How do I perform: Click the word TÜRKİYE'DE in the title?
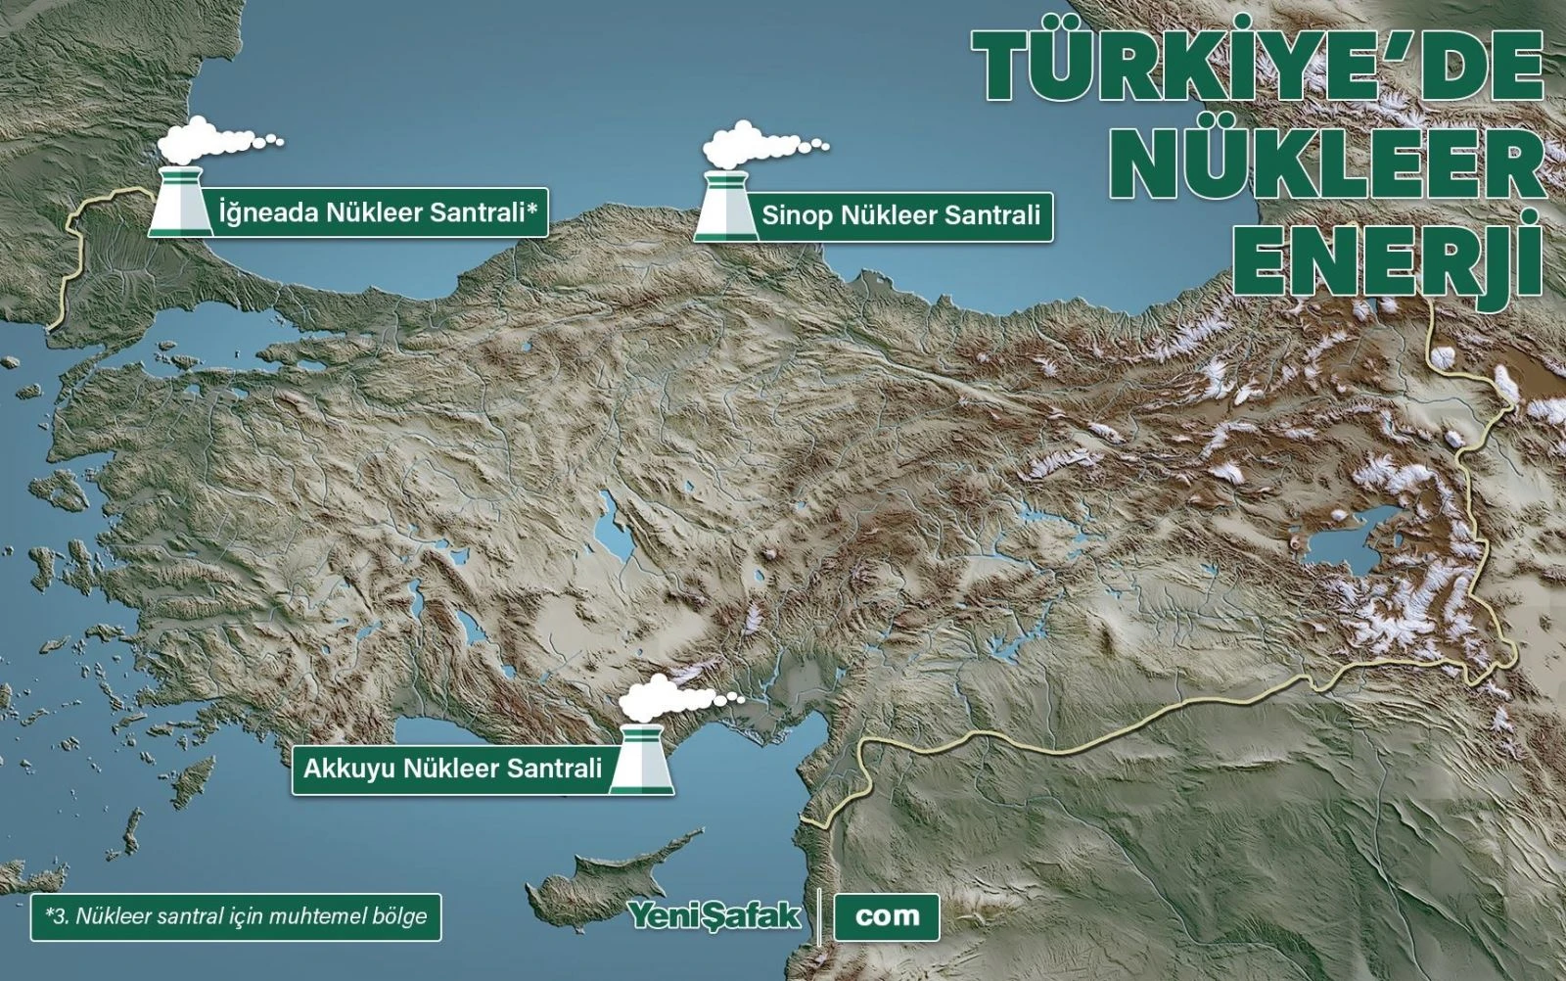(1263, 67)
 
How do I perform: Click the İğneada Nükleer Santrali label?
(377, 212)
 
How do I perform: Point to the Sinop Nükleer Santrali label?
(900, 215)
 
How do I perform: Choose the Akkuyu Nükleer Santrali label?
(452, 769)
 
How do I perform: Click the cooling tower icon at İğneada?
(180, 203)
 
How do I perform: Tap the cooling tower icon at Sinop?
(725, 208)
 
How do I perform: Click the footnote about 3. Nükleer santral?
(236, 917)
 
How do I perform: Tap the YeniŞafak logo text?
(714, 916)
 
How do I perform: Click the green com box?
(887, 916)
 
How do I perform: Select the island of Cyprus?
(626, 871)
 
